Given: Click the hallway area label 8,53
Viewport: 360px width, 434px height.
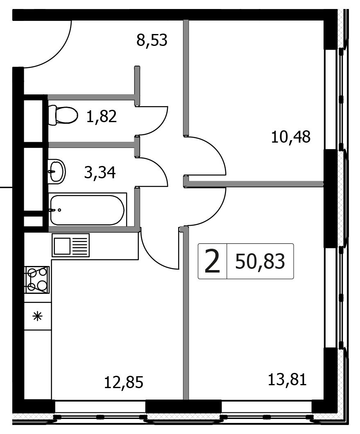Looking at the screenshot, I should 152,41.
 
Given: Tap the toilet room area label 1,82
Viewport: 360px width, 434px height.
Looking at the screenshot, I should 101,116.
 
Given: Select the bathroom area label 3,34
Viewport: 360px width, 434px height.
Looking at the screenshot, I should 100,173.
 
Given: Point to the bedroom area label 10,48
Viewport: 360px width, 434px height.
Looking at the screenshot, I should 291,136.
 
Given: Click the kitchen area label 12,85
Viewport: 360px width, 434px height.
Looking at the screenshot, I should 124,382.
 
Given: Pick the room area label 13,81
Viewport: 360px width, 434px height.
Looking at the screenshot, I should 287,379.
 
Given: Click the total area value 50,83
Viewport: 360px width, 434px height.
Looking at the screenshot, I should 260,261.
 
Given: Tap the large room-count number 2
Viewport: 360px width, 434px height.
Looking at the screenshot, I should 212,261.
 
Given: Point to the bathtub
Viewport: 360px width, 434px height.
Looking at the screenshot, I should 87,210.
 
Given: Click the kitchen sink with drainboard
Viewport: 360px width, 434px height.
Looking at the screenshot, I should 70,245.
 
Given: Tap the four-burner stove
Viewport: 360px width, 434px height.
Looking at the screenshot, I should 37,279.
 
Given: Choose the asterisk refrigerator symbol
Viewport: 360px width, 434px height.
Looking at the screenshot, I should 37,316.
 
